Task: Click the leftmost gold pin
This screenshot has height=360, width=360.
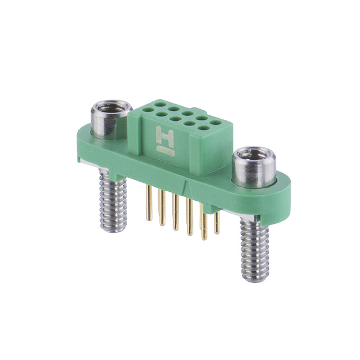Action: (149, 205)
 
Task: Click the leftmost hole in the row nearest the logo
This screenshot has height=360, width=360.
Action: (148, 109)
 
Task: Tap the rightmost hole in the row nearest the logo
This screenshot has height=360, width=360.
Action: (204, 128)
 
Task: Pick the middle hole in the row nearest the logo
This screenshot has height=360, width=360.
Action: (175, 119)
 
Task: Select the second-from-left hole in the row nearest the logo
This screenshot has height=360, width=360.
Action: (161, 114)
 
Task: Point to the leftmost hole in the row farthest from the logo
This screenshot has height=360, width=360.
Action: (160, 104)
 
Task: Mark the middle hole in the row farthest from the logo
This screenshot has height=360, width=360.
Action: (187, 113)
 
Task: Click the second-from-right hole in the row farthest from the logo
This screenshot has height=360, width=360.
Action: (201, 118)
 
